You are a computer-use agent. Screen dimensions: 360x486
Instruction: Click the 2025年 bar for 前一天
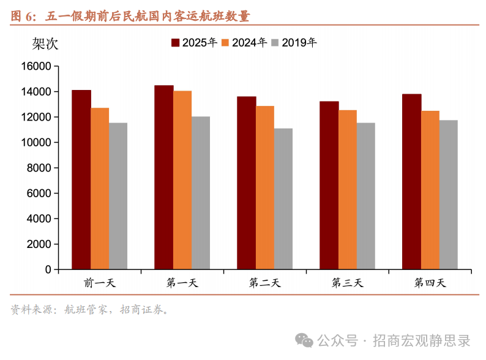(x=81, y=179)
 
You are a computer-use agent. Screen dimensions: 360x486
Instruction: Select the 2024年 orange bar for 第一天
(x=182, y=180)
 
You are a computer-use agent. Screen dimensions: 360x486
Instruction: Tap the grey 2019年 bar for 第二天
(x=283, y=198)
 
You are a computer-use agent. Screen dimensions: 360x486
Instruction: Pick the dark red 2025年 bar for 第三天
(x=329, y=185)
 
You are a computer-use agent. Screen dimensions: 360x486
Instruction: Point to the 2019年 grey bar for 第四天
(x=448, y=195)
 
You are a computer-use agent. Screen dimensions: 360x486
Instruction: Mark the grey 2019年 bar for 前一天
(x=118, y=196)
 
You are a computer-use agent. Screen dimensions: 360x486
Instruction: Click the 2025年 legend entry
(x=194, y=43)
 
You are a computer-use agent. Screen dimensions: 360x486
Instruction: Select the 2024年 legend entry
(x=244, y=43)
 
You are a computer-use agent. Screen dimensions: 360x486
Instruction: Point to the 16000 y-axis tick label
(x=36, y=66)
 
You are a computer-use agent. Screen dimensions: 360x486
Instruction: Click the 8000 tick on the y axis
(x=39, y=168)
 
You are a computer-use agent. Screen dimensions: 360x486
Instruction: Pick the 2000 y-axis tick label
(x=39, y=244)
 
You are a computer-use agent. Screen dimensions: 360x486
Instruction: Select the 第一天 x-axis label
(x=182, y=283)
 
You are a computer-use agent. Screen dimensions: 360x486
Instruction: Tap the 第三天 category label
(x=348, y=283)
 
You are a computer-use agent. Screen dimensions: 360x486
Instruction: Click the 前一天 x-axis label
(x=100, y=283)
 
